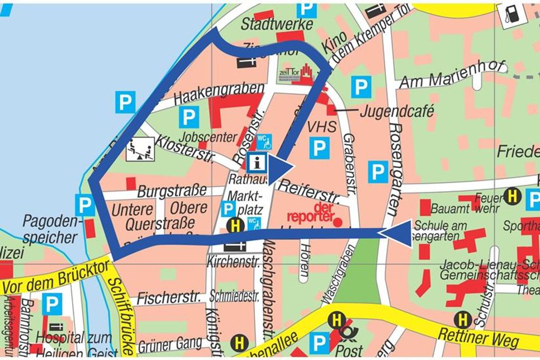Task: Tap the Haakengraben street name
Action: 219,93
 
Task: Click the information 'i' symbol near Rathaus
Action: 257,163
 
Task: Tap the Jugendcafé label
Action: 396,111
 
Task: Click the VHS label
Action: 323,127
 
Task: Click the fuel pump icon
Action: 511,13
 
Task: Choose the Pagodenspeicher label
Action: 50,229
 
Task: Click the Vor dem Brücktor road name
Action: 55,278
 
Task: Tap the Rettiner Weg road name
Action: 479,335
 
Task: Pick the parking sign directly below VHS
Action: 319,149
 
